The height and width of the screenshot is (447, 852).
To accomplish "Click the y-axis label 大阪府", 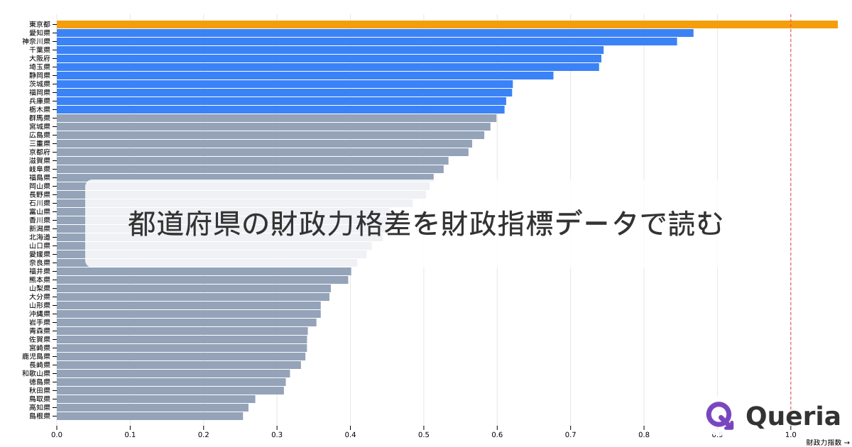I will (40, 58).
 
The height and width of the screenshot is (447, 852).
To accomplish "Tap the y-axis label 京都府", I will (40, 152).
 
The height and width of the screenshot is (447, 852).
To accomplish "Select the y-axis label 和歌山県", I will (36, 373).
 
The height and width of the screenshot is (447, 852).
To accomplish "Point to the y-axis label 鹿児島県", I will (36, 356).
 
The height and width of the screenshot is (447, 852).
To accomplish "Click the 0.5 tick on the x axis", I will (424, 435).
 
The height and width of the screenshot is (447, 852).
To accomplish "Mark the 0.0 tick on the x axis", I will (57, 435).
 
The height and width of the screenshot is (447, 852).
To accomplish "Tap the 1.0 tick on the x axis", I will (790, 435).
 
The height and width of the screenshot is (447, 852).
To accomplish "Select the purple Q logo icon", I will (720, 416).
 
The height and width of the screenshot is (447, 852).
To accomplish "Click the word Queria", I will (793, 416).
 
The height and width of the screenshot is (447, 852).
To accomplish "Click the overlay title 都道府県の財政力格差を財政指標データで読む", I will (425, 223).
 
